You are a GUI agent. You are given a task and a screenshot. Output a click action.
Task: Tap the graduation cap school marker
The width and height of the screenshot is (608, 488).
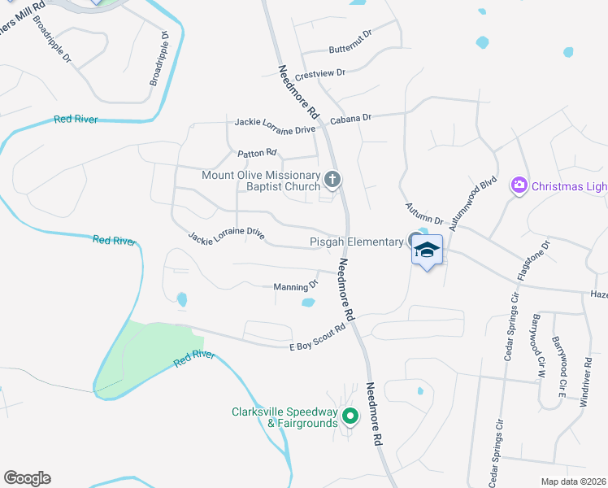click(x=427, y=249)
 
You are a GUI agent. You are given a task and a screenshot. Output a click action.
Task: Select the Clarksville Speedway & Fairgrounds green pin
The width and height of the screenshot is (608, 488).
click(x=350, y=417)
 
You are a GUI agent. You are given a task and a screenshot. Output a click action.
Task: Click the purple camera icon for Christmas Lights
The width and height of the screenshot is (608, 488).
click(x=519, y=186)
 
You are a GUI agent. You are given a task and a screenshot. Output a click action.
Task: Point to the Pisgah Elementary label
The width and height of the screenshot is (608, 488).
click(x=357, y=242)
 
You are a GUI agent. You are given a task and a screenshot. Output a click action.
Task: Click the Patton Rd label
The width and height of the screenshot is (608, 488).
click(x=257, y=153)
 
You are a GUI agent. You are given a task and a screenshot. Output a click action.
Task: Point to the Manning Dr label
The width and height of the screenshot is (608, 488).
click(x=295, y=286)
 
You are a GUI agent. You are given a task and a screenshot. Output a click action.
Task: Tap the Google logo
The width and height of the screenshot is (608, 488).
click(x=27, y=478)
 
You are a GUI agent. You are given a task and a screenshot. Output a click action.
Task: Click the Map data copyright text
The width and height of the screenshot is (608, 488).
click(x=574, y=481)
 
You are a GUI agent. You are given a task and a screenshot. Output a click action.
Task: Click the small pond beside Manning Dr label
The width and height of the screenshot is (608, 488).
click(x=309, y=303)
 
